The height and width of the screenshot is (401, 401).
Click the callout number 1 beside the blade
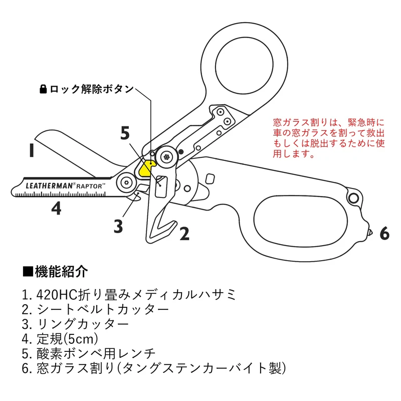point(31,150)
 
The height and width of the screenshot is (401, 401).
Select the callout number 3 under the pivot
point(118,227)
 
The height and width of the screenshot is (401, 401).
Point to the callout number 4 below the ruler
point(57,208)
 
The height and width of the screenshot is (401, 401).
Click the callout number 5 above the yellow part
point(125,133)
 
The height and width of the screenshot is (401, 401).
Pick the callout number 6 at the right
point(384,233)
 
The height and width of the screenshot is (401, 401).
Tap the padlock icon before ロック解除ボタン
point(43,90)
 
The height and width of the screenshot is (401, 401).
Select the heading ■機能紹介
point(55,272)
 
